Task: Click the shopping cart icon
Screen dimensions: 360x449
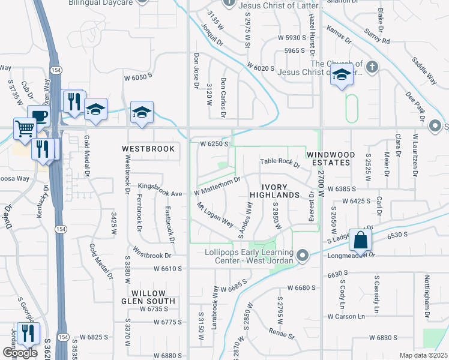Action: (x=25, y=128)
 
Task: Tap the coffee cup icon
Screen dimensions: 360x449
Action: (x=39, y=115)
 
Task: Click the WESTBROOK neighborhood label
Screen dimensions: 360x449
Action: (x=148, y=148)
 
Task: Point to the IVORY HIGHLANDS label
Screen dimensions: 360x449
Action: (x=274, y=190)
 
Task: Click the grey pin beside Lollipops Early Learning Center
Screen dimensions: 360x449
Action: (x=303, y=256)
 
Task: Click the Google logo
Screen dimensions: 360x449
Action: (x=20, y=353)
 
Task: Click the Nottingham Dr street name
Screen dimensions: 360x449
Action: (x=427, y=297)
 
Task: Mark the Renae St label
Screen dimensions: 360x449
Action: (x=282, y=333)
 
